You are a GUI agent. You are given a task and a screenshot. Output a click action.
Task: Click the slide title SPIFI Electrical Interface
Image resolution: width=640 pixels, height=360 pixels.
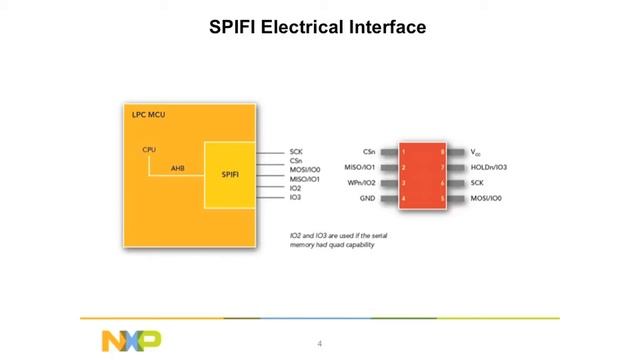317,27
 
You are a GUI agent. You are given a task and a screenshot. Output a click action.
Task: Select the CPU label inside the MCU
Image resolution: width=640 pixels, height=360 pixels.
149,150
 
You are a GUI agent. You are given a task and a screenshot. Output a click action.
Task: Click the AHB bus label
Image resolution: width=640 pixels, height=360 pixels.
177,168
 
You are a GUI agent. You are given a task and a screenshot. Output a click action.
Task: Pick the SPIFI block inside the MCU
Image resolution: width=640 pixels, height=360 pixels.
230,175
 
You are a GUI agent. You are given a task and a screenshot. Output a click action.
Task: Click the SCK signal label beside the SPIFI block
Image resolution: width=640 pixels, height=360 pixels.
296,151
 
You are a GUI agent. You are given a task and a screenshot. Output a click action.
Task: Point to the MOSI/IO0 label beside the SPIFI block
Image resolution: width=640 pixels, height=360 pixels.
304,170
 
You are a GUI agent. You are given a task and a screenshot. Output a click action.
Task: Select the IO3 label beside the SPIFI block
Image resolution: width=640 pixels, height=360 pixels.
295,198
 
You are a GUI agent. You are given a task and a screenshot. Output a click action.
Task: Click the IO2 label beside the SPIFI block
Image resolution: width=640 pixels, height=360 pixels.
295,188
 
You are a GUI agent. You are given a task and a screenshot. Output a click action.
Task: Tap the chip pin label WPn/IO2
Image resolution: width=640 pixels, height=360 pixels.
361,183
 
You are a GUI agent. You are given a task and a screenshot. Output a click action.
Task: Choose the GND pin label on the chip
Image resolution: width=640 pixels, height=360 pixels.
367,199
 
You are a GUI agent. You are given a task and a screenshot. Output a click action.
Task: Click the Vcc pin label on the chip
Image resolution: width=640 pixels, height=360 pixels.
475,152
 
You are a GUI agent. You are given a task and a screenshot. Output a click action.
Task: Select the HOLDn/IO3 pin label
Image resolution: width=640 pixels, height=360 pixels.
488,167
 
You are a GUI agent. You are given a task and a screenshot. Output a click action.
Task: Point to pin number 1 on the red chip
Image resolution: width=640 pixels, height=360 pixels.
404,152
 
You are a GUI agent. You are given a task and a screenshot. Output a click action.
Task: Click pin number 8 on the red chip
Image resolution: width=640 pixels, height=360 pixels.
442,152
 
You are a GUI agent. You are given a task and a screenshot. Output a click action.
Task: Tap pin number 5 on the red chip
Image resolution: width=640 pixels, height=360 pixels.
442,199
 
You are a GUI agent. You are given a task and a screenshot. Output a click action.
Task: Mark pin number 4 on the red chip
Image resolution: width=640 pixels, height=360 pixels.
404,199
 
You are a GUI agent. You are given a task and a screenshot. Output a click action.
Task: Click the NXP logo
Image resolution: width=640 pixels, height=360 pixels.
130,340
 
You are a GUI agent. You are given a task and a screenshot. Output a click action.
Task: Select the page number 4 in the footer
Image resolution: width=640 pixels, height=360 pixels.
320,344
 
